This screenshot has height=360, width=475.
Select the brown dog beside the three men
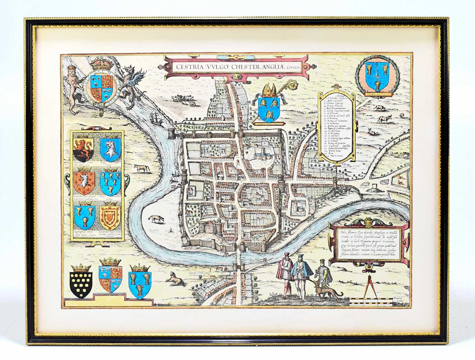[x=326, y=291]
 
